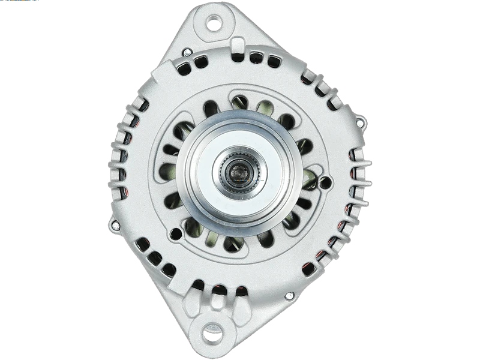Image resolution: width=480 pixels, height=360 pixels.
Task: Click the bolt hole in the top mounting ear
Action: point(214,23)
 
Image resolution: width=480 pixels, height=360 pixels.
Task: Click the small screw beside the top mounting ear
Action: point(187,53)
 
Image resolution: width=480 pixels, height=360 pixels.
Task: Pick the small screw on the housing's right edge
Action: point(359,123)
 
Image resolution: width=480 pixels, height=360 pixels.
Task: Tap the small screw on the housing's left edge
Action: point(115,225)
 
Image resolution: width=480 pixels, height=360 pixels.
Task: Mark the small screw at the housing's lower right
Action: point(289,296)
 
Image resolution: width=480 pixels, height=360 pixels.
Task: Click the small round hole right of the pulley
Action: point(325,182)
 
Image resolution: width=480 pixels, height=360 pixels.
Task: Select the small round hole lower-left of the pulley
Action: point(175,233)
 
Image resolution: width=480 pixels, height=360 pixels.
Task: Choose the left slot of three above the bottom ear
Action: point(198,285)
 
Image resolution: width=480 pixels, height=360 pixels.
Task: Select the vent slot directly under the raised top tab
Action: point(238,57)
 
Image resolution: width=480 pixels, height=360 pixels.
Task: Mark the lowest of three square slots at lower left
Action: point(169,270)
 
